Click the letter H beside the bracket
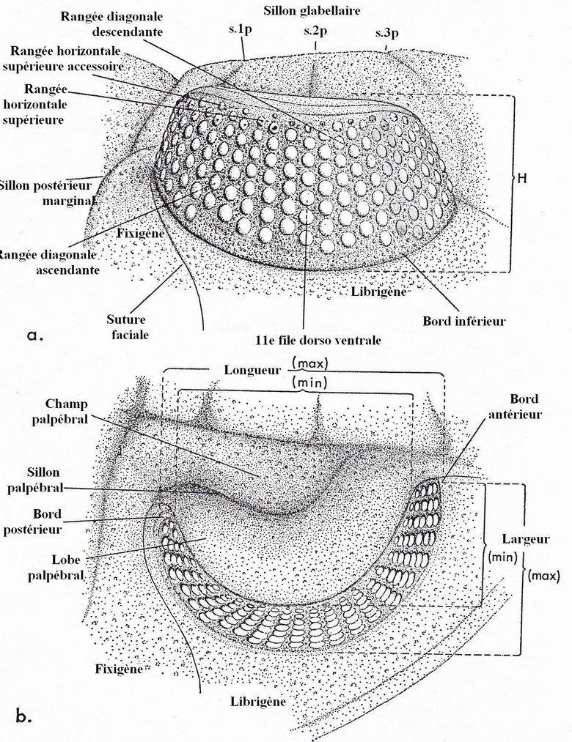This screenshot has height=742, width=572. [x=524, y=177]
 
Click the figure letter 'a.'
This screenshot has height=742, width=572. [x=34, y=336]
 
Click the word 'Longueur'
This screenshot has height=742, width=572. [x=254, y=369]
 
